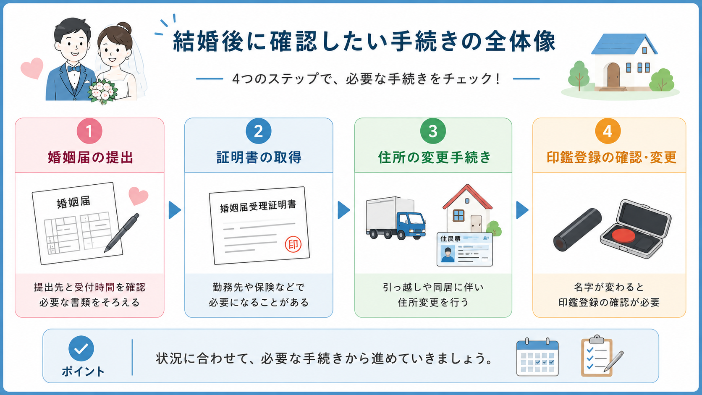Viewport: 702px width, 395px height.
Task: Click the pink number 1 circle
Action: [89, 131]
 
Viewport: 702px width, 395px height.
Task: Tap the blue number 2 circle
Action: [259, 131]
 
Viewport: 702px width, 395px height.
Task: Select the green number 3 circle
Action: [433, 131]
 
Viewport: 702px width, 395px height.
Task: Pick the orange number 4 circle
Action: [608, 131]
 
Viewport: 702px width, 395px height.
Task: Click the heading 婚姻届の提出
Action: [90, 157]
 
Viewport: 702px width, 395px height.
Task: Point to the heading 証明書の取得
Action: [259, 157]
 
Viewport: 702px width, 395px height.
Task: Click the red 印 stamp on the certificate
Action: [293, 244]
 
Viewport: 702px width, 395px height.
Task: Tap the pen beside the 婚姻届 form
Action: [122, 233]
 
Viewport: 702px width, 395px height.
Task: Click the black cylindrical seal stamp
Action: [577, 230]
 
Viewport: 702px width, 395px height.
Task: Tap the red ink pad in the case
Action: [623, 235]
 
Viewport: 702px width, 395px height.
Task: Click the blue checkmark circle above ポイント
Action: [81, 348]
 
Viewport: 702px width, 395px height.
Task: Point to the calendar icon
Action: [537, 357]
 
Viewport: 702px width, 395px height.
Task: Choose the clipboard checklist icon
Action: [600, 356]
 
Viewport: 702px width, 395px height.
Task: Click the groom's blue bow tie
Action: [74, 68]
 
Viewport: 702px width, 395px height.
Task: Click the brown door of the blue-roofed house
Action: [613, 75]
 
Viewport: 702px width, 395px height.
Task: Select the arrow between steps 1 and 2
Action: [175, 210]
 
